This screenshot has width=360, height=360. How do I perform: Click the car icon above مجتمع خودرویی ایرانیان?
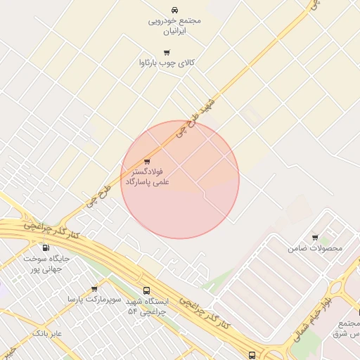(174, 10)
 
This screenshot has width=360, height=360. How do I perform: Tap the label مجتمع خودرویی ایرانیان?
(174, 25)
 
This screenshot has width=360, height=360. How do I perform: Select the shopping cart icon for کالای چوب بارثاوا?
(167, 52)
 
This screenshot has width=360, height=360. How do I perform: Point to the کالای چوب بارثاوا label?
(167, 63)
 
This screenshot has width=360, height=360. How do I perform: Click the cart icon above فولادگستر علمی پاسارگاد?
(147, 161)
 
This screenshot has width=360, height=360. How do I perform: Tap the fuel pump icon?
(46, 247)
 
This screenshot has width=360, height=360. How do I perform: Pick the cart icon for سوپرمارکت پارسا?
(95, 288)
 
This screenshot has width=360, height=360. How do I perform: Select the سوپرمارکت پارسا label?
(94, 300)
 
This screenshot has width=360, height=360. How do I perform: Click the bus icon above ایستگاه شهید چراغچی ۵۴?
(146, 290)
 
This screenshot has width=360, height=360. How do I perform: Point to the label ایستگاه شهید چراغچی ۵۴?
(146, 306)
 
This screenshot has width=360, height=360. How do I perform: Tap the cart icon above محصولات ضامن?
(315, 238)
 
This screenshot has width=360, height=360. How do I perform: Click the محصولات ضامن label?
(315, 248)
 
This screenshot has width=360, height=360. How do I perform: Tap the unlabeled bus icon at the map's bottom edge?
(252, 355)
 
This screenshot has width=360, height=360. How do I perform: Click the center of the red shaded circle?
(180, 179)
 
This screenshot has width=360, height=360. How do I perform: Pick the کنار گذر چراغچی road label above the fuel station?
(51, 229)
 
